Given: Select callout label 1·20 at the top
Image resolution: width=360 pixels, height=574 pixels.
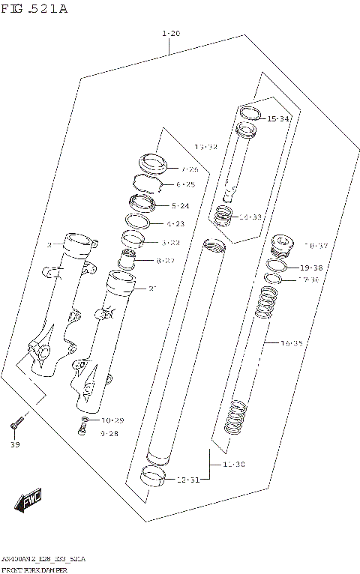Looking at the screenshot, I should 170,34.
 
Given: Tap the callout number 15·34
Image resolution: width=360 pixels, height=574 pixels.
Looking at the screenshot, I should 278,118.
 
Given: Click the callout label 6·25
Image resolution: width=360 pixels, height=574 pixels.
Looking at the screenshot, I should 185,184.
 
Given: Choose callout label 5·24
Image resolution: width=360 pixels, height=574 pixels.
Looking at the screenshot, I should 180,205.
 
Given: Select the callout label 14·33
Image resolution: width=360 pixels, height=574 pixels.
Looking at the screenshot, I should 250,217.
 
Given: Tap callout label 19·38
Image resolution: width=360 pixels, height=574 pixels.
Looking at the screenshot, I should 310,268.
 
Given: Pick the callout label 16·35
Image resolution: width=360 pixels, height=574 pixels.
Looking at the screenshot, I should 291,342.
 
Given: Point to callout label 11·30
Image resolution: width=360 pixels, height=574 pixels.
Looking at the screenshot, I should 233,465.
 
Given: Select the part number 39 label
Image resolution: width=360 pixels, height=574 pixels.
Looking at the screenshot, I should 16,444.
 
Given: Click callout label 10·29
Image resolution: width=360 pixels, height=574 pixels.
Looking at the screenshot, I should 112,420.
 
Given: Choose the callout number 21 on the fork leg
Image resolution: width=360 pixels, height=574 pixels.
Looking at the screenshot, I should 152,288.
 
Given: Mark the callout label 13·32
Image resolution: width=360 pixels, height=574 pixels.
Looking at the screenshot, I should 205,147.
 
